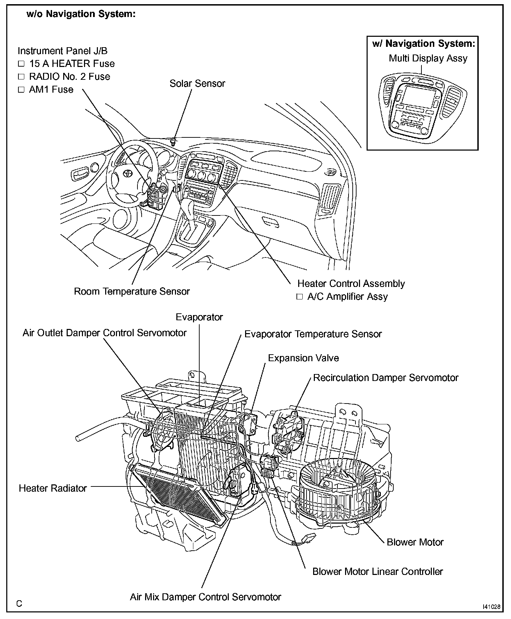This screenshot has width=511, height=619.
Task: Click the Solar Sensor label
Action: coord(197,84)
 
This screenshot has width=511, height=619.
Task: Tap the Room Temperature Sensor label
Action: coord(132,291)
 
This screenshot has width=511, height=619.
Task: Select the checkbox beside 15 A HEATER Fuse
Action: coord(22,64)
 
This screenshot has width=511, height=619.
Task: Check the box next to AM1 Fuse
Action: coord(22,90)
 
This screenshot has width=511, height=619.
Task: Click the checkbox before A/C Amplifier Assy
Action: coord(300,297)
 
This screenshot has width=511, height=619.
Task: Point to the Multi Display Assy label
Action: coord(428,58)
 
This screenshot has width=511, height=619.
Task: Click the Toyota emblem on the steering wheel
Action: coord(127,173)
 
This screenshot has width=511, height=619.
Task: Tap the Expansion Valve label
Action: coord(303,358)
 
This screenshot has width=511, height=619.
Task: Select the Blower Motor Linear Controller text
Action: coord(378,571)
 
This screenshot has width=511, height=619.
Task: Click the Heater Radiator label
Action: coord(53,488)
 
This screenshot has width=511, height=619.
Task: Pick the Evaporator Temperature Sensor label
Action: coord(313,334)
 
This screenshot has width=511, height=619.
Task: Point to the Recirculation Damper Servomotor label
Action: coord(386,378)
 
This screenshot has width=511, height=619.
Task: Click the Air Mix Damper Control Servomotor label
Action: coord(206,597)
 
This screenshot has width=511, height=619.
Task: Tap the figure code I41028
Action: coord(491,607)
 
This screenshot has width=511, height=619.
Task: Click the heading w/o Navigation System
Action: coord(81,14)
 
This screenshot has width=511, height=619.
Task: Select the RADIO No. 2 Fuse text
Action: coord(69,77)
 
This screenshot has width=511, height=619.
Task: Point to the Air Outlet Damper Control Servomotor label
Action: coord(104,333)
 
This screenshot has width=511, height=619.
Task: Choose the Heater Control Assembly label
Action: coord(351,284)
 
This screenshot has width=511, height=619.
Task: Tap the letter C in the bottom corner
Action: coord(19,604)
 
